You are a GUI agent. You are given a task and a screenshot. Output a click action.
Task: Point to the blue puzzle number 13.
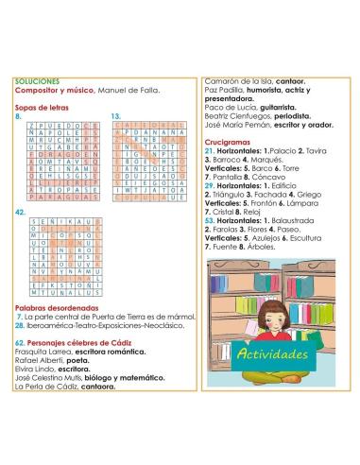pos(116,116)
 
